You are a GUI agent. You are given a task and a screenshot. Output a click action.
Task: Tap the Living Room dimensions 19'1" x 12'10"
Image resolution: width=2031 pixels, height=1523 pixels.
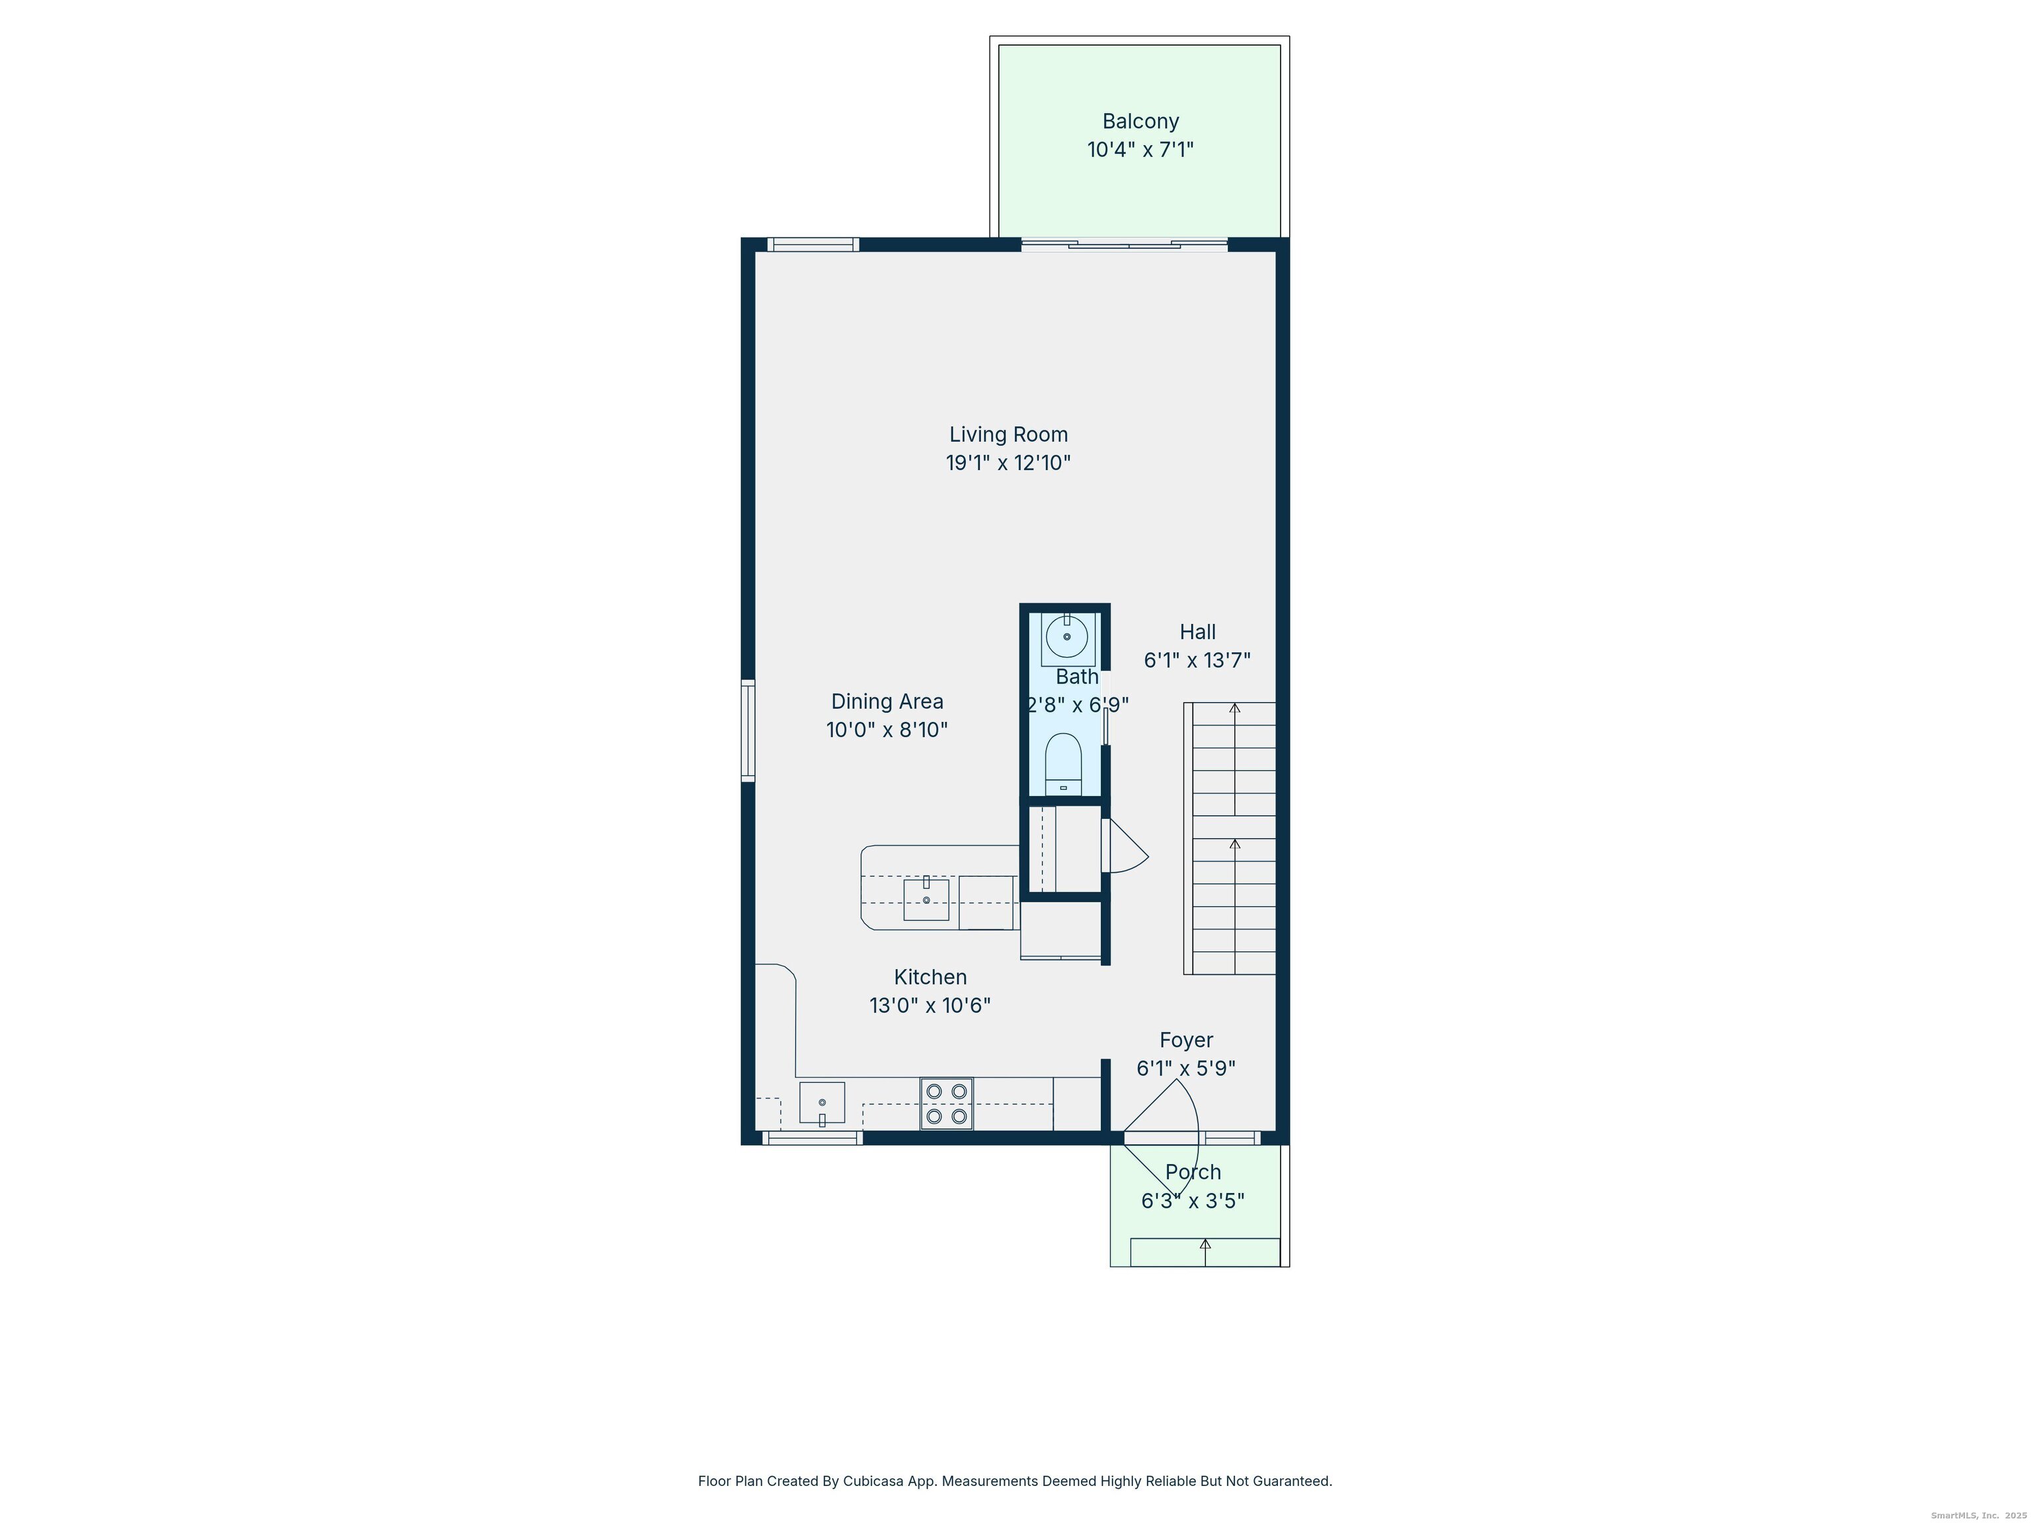[1008, 463]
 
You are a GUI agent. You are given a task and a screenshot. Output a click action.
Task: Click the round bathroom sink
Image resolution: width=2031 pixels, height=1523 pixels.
[1067, 636]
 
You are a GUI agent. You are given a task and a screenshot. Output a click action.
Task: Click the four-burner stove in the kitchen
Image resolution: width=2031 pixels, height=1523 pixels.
[945, 1103]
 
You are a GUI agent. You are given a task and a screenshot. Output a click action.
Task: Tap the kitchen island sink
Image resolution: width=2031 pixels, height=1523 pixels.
[926, 899]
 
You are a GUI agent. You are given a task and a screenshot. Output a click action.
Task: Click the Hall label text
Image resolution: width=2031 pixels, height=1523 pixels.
[1197, 631]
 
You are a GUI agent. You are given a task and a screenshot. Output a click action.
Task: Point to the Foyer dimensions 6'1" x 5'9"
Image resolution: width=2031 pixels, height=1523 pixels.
[1185, 1069]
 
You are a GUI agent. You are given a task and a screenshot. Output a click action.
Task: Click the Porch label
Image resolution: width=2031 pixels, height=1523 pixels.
[1193, 1172]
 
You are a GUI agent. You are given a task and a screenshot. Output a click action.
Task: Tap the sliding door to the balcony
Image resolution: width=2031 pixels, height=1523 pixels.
[1124, 244]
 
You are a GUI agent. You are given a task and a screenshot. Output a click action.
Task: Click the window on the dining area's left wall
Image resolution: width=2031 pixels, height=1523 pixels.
[748, 730]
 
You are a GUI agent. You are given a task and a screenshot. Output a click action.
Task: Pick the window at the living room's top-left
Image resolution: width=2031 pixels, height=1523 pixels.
[813, 244]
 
